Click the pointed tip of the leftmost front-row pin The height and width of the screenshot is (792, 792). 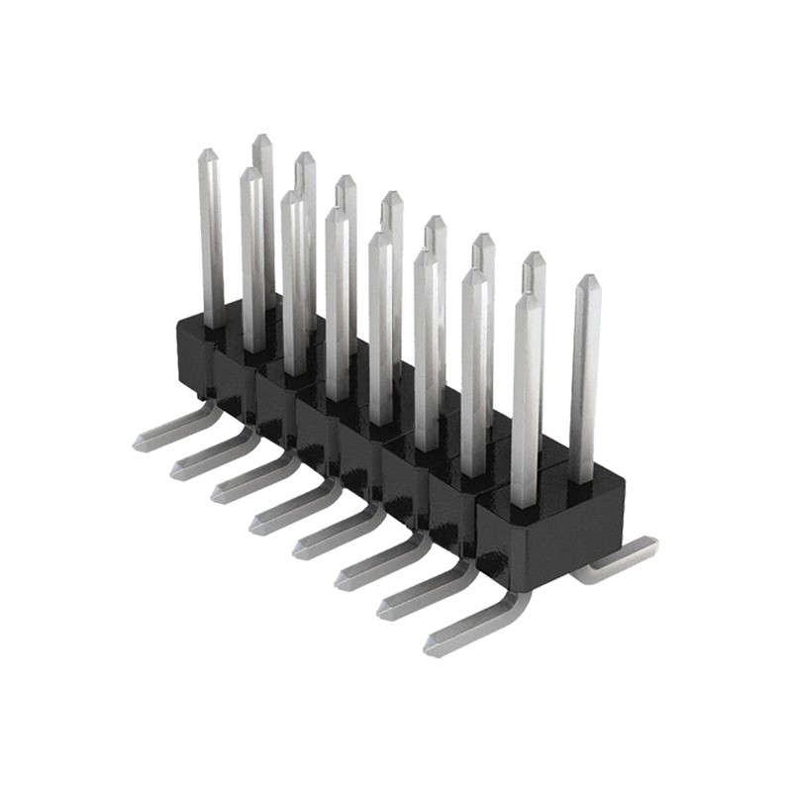[208, 153]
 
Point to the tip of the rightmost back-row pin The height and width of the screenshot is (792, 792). [588, 280]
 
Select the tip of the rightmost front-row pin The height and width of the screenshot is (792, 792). [528, 297]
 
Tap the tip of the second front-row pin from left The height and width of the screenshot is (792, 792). [250, 172]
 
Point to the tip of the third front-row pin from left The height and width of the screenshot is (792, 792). [292, 196]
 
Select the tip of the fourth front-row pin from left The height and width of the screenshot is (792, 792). [337, 212]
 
